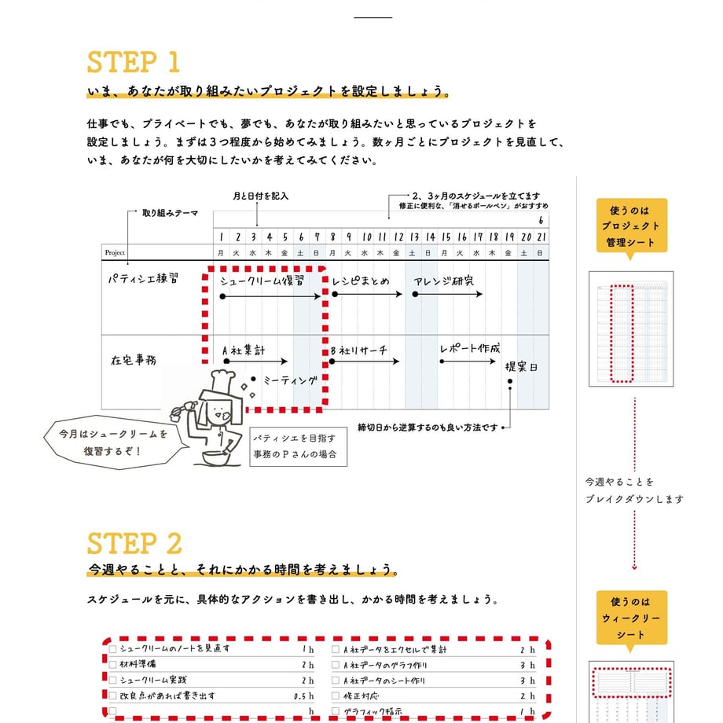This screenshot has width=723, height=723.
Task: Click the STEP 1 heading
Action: coord(134,63)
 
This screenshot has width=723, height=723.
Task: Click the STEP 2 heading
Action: coord(134,543)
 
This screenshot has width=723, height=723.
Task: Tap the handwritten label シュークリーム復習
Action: coord(262,281)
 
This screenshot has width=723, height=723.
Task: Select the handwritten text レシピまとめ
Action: coord(360,281)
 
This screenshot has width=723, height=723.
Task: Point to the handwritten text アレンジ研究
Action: coord(446,281)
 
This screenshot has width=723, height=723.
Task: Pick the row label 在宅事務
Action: coord(133,360)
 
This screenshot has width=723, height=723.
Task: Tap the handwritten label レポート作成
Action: coord(469,348)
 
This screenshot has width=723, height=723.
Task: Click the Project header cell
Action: coord(115,252)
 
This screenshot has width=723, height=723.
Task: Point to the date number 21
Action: coord(541,237)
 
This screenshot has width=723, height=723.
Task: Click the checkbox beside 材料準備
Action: coord(113,665)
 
